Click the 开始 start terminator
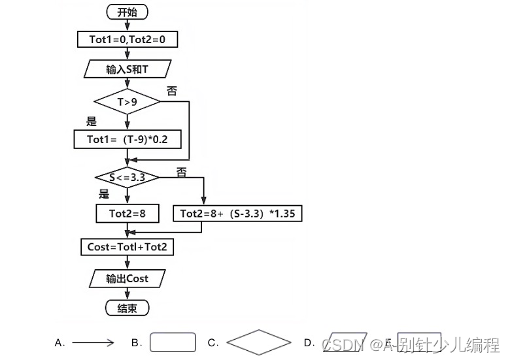(127, 12)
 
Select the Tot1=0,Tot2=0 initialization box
(127, 41)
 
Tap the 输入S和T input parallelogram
(127, 69)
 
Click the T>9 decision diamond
(127, 102)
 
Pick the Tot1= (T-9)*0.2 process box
(127, 139)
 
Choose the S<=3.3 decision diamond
(127, 177)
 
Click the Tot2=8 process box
(127, 214)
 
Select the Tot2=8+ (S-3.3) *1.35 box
(237, 214)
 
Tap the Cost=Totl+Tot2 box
(127, 247)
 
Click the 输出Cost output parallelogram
(127, 278)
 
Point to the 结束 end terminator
(127, 308)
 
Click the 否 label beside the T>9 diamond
(172, 91)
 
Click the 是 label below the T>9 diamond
(92, 122)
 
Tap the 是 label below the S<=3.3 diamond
(103, 194)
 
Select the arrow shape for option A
(93, 342)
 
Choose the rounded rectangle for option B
(173, 342)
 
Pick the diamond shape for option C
(258, 342)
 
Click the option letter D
(309, 342)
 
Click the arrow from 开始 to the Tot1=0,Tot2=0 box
(127, 26)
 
